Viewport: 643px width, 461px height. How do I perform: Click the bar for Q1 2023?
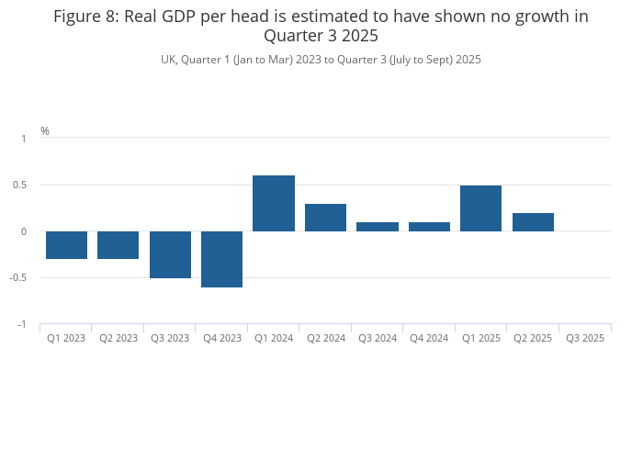[66, 245]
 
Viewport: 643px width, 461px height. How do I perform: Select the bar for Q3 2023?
[170, 254]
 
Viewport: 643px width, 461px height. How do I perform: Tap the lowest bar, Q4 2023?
[221, 259]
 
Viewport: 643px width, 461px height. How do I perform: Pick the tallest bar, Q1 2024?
[274, 203]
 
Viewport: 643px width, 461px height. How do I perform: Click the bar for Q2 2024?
[325, 218]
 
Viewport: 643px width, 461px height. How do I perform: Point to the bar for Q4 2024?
[429, 227]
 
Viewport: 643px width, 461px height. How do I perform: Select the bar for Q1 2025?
[480, 208]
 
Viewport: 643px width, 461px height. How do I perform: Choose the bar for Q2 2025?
[533, 222]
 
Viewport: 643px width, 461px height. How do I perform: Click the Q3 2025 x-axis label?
[585, 338]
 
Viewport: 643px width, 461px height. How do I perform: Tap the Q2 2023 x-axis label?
[118, 338]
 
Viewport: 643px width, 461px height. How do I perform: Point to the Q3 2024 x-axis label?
[378, 338]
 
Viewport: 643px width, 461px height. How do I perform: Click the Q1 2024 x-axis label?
[274, 338]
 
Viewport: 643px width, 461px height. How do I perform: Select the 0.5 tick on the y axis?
[24, 185]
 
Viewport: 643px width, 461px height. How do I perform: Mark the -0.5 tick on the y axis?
[22, 278]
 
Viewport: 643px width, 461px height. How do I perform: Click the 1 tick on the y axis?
[25, 138]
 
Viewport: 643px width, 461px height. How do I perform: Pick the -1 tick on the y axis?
[23, 325]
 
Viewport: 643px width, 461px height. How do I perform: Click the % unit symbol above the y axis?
[45, 131]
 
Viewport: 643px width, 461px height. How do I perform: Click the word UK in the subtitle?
[168, 60]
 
